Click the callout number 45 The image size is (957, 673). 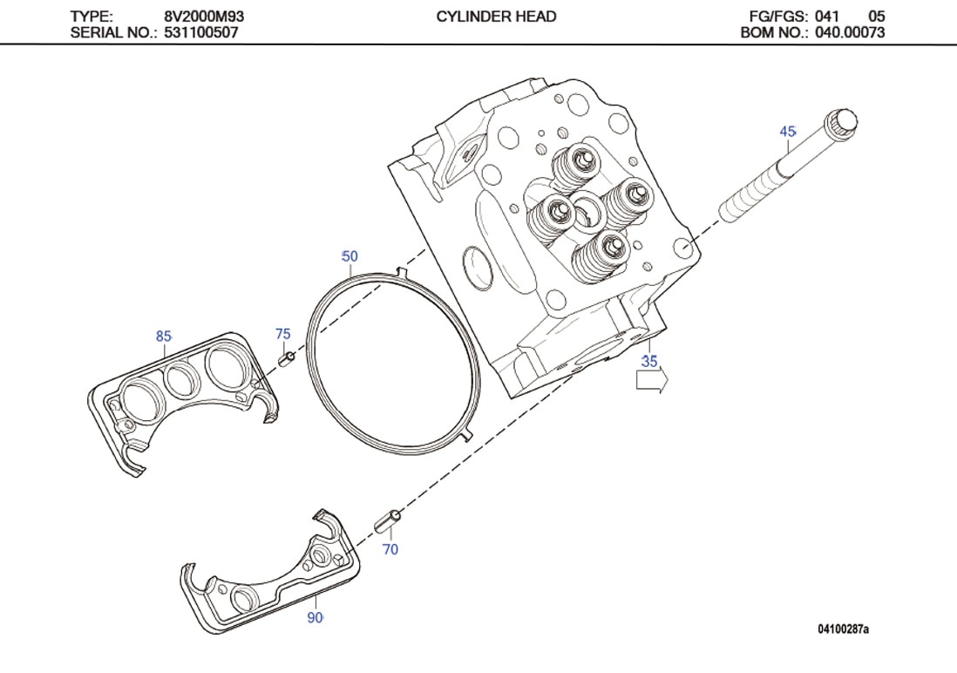click(787, 132)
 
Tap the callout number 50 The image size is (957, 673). click(349, 256)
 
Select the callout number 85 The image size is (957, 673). click(163, 336)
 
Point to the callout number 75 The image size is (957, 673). click(282, 334)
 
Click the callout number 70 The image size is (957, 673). click(390, 549)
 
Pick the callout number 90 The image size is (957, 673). click(315, 617)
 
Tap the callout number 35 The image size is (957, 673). click(649, 361)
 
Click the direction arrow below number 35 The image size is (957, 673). click(651, 381)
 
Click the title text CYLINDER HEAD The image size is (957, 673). click(496, 17)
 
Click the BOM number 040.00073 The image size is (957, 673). click(850, 33)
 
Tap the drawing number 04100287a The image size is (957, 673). click(843, 629)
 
